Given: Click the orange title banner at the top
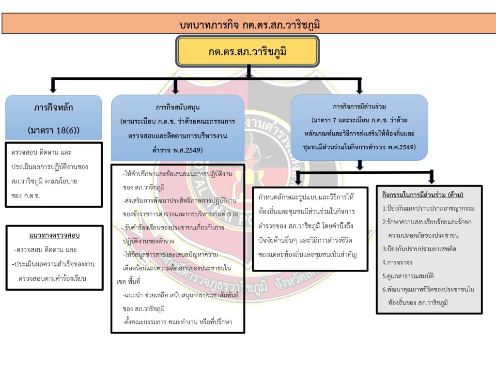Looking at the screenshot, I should point(248,24).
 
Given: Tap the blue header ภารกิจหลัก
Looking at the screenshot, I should point(53,107).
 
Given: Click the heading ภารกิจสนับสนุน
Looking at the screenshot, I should point(178,107).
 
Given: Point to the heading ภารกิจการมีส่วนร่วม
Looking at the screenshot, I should point(359,106).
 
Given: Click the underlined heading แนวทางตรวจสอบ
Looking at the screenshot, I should point(54,236).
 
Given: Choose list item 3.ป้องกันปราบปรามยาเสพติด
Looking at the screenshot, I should point(419,249).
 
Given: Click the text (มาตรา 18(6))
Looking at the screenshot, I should point(53,130).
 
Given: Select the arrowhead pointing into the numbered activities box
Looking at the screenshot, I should point(432,179).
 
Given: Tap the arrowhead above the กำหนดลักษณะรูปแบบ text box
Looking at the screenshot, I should point(298,180).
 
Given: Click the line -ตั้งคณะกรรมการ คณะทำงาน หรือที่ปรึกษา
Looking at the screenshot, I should point(177,321).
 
